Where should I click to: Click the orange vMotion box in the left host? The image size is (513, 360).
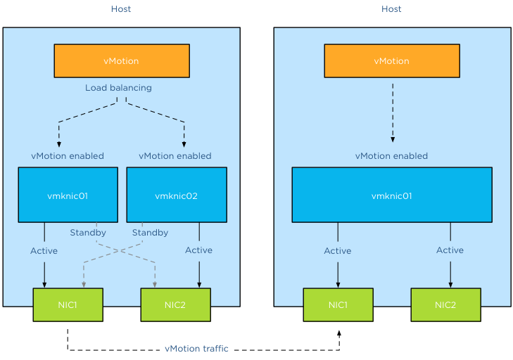[x=122, y=60]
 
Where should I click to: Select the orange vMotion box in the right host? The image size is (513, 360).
[x=391, y=60]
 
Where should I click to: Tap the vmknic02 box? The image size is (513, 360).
[x=176, y=195]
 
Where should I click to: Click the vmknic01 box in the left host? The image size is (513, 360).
[x=68, y=195]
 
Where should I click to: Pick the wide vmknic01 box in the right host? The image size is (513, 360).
[x=391, y=195]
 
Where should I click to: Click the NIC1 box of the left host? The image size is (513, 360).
[x=68, y=304]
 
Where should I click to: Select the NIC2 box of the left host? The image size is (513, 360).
[x=176, y=304]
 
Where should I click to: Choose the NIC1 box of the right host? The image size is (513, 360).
[x=338, y=304]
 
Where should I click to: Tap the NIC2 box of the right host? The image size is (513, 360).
[x=445, y=304]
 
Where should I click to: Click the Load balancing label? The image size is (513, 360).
[x=118, y=88]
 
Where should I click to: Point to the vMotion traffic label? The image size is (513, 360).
[x=196, y=349]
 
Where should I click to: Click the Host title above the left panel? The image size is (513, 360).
[x=121, y=9]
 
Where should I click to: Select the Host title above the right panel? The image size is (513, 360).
[x=391, y=9]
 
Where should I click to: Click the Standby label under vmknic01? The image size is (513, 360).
[x=88, y=233]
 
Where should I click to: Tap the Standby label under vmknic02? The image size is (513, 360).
[x=150, y=233]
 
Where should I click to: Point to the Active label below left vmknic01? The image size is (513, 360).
[x=44, y=251]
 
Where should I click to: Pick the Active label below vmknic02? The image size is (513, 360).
[x=198, y=250]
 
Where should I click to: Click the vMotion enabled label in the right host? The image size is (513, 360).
[x=391, y=156]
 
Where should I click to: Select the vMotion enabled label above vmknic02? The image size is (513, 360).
[x=175, y=156]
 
